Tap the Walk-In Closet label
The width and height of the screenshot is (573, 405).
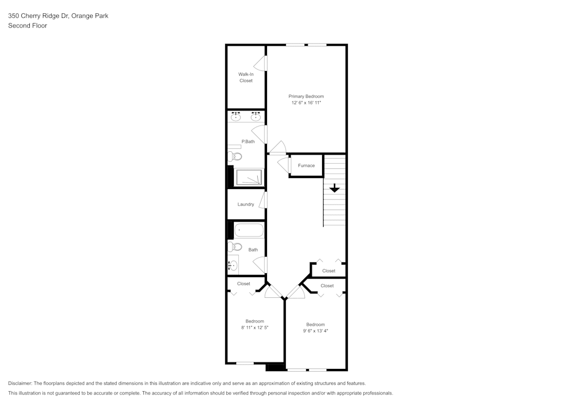(x=246, y=77)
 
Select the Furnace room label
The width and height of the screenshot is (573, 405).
(x=306, y=166)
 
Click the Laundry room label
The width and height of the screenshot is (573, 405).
(x=246, y=204)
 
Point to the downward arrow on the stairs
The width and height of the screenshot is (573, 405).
(x=335, y=188)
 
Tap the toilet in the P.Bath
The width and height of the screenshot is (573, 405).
(x=235, y=156)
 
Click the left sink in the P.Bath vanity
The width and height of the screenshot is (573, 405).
(x=236, y=117)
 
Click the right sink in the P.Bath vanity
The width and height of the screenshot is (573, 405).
(x=256, y=117)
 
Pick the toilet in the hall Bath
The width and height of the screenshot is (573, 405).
(x=235, y=247)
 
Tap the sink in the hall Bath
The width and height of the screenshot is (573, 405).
(x=233, y=265)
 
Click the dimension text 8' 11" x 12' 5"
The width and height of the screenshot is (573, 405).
(x=254, y=328)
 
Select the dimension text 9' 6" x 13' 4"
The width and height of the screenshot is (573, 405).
(x=315, y=331)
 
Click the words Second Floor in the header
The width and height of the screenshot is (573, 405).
(x=28, y=26)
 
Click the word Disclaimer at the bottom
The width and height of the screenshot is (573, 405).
(x=20, y=383)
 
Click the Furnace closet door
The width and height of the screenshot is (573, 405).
(x=284, y=166)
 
